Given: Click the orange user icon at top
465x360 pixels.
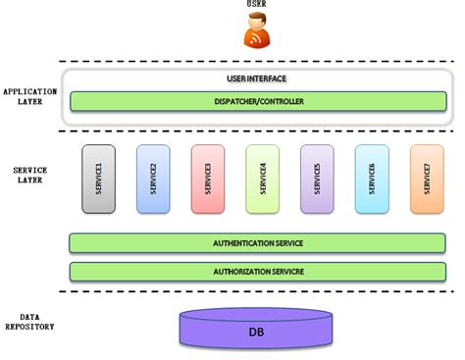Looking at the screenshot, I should [x=257, y=34].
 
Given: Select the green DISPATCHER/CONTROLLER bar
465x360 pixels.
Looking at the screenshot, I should [x=258, y=101].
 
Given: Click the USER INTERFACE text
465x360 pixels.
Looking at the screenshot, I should [x=258, y=78].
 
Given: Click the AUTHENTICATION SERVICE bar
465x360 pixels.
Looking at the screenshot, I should [x=258, y=243].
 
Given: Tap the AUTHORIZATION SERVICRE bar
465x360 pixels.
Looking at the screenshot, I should [x=258, y=271].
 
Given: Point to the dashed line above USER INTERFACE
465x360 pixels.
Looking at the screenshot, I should [x=258, y=62].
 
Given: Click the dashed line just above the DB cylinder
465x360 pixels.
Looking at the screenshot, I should [x=258, y=291].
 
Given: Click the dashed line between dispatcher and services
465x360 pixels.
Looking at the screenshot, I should [x=258, y=130].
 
